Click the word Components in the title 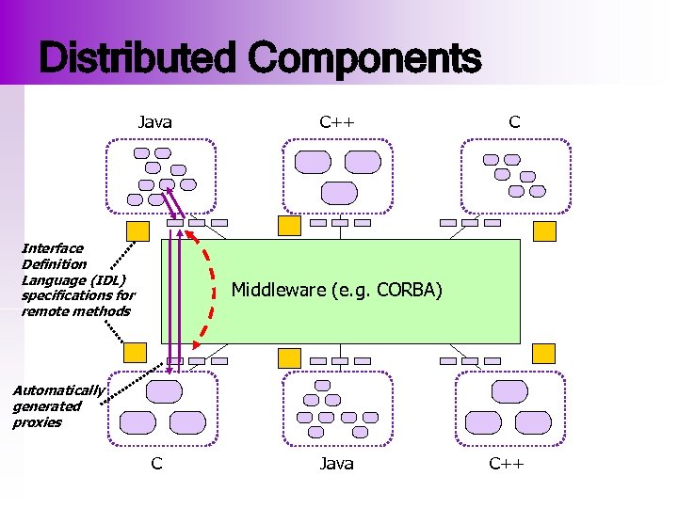coord(364,58)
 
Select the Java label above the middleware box coord(154,121)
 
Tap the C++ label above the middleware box coord(336,121)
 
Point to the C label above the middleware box coord(514,121)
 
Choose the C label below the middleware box coord(156,463)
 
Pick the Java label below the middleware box coord(336,463)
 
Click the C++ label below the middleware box coord(506,463)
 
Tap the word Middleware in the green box coord(278,290)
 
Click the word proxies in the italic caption coord(37,422)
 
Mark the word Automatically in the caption coord(57,390)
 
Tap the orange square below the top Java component coord(137,230)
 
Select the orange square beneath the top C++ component coord(290,226)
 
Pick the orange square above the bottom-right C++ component coord(543,354)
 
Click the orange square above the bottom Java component coord(290,357)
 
